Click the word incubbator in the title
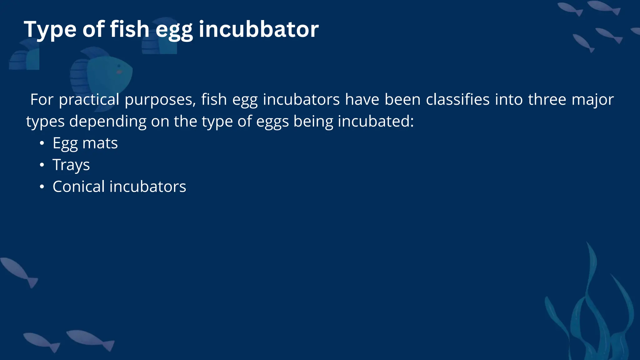tap(258, 29)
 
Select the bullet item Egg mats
tap(85, 143)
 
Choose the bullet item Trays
tap(71, 165)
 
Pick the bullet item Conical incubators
tap(119, 187)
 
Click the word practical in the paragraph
tap(89, 100)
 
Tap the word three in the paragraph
tap(547, 99)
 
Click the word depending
tap(108, 122)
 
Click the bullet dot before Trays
tap(42, 165)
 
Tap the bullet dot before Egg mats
tap(42, 143)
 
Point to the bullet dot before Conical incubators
tap(42, 187)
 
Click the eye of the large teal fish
tap(119, 66)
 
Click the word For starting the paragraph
tap(42, 99)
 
